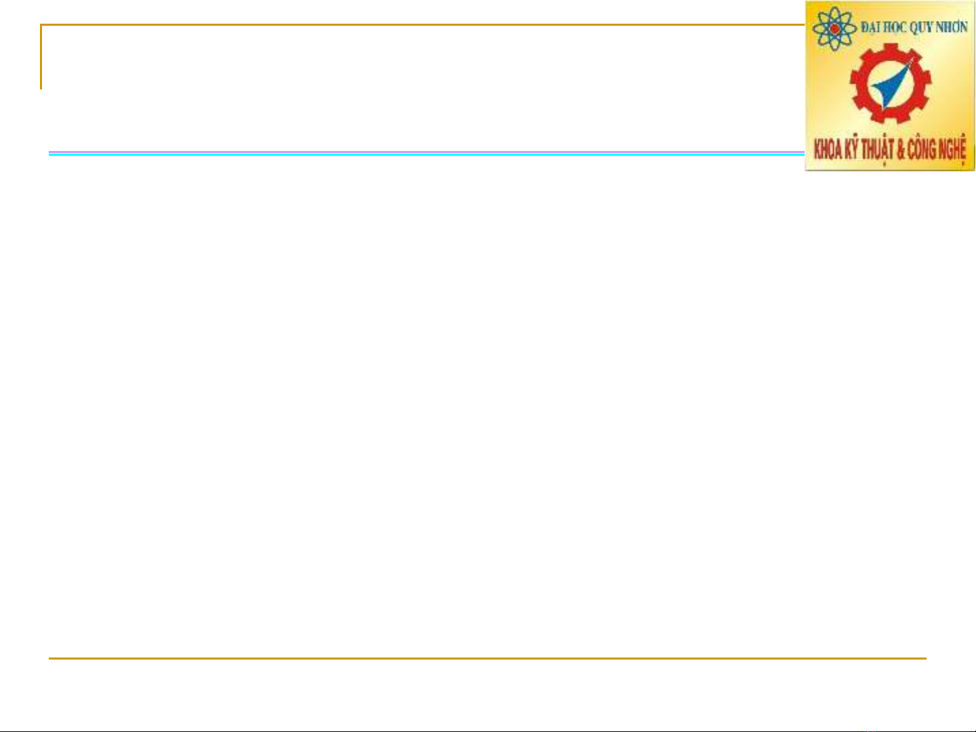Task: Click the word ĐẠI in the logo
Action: pyautogui.click(x=869, y=28)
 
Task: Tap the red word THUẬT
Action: pyautogui.click(x=878, y=150)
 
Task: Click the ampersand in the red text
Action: pyautogui.click(x=901, y=150)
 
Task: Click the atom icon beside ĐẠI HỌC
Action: pyautogui.click(x=834, y=28)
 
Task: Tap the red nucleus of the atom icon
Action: pyautogui.click(x=834, y=29)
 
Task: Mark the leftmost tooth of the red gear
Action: pyautogui.click(x=853, y=83)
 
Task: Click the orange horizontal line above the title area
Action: pyautogui.click(x=423, y=25)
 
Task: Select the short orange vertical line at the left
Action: pyautogui.click(x=41, y=57)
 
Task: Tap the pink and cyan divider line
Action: pyautogui.click(x=427, y=153)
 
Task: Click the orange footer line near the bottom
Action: pyautogui.click(x=488, y=658)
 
